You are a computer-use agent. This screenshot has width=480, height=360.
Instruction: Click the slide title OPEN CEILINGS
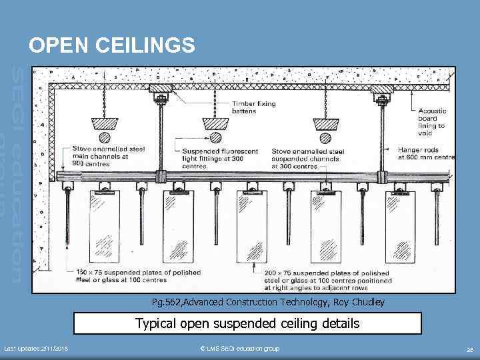click(112, 45)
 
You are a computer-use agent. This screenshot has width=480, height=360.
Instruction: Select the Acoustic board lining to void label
click(432, 122)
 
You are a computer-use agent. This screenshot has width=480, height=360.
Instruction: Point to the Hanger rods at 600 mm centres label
click(426, 154)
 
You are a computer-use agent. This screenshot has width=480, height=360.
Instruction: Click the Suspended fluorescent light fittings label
click(217, 159)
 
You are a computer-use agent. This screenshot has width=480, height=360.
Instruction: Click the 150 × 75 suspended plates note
click(127, 277)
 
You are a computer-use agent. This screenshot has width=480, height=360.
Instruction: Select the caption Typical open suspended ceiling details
click(247, 324)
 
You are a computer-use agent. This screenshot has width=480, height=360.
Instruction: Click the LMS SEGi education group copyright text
click(239, 349)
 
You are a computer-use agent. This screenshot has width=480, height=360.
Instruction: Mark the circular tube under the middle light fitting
click(215, 138)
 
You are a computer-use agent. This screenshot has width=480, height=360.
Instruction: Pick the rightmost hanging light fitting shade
click(325, 124)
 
